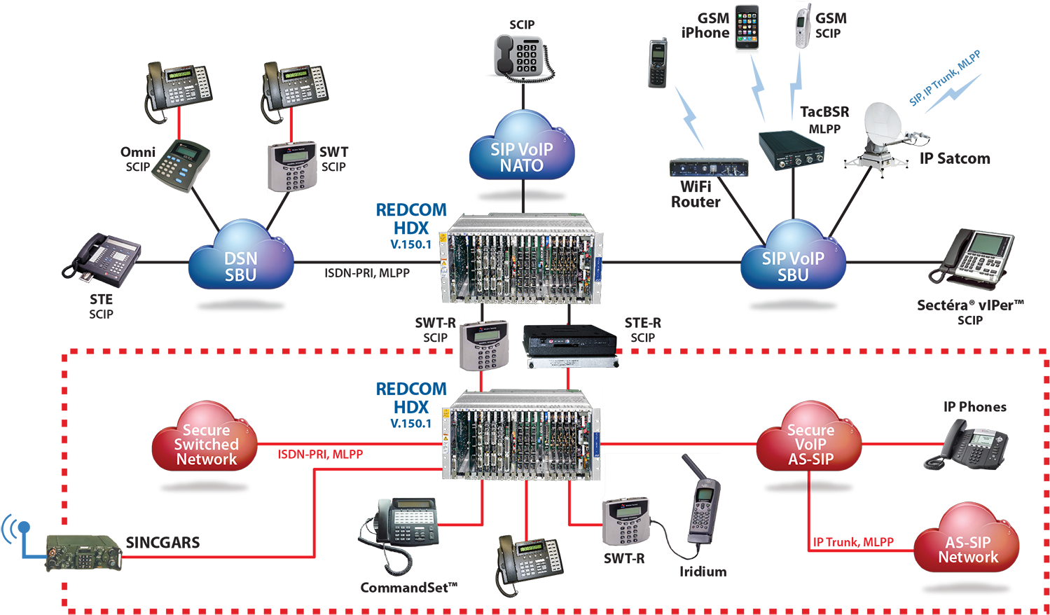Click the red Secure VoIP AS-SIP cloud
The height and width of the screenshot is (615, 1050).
click(810, 438)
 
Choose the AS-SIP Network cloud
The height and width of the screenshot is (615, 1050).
click(967, 541)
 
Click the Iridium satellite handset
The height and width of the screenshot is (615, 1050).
click(703, 501)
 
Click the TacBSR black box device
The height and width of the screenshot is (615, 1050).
click(792, 149)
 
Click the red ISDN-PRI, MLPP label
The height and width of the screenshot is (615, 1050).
click(320, 455)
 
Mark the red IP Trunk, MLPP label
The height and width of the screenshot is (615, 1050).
click(853, 542)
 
